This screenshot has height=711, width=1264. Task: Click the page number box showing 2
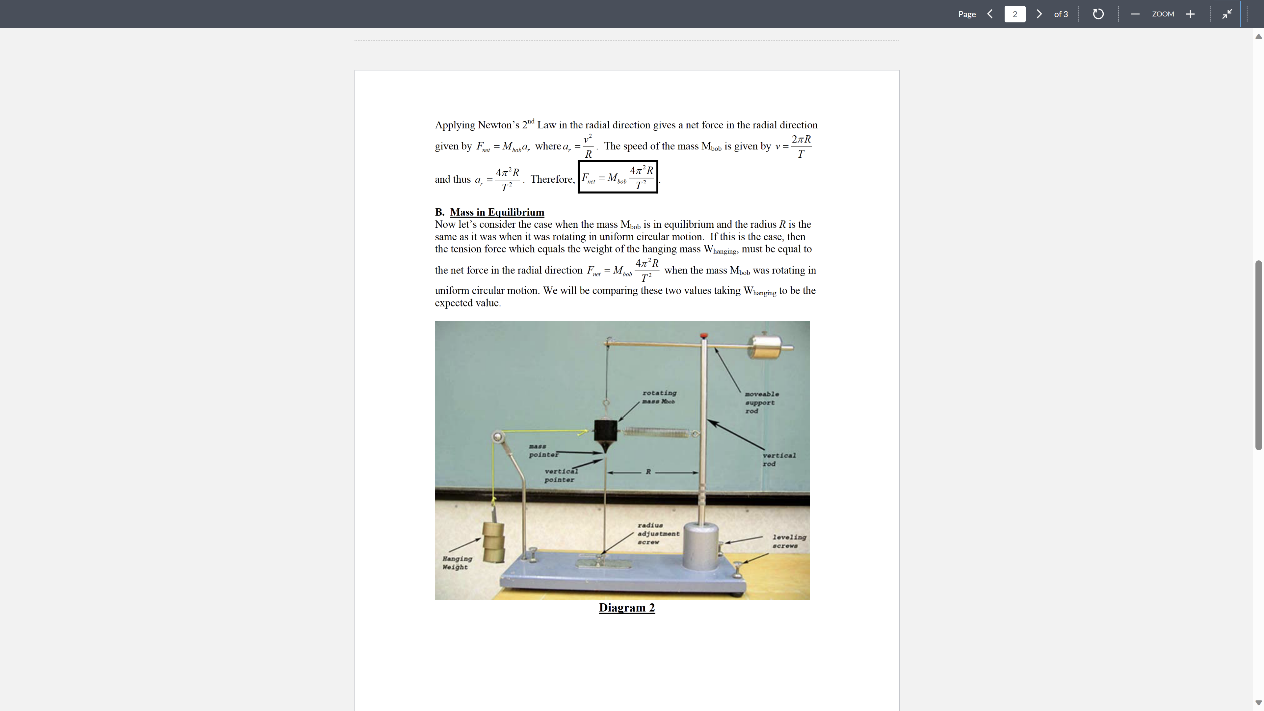[1014, 14]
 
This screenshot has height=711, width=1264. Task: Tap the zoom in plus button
[1190, 14]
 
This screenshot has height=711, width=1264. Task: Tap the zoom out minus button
[1135, 14]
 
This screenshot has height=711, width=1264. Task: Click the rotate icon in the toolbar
[1098, 14]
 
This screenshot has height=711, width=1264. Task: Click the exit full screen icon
[1227, 14]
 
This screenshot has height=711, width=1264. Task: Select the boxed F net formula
[618, 177]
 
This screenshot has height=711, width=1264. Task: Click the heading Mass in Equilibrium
[497, 212]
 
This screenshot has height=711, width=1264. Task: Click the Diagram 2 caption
[627, 607]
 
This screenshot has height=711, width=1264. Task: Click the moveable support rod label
[761, 402]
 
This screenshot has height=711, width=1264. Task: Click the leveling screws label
[789, 541]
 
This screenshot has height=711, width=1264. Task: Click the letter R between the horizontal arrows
[648, 472]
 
